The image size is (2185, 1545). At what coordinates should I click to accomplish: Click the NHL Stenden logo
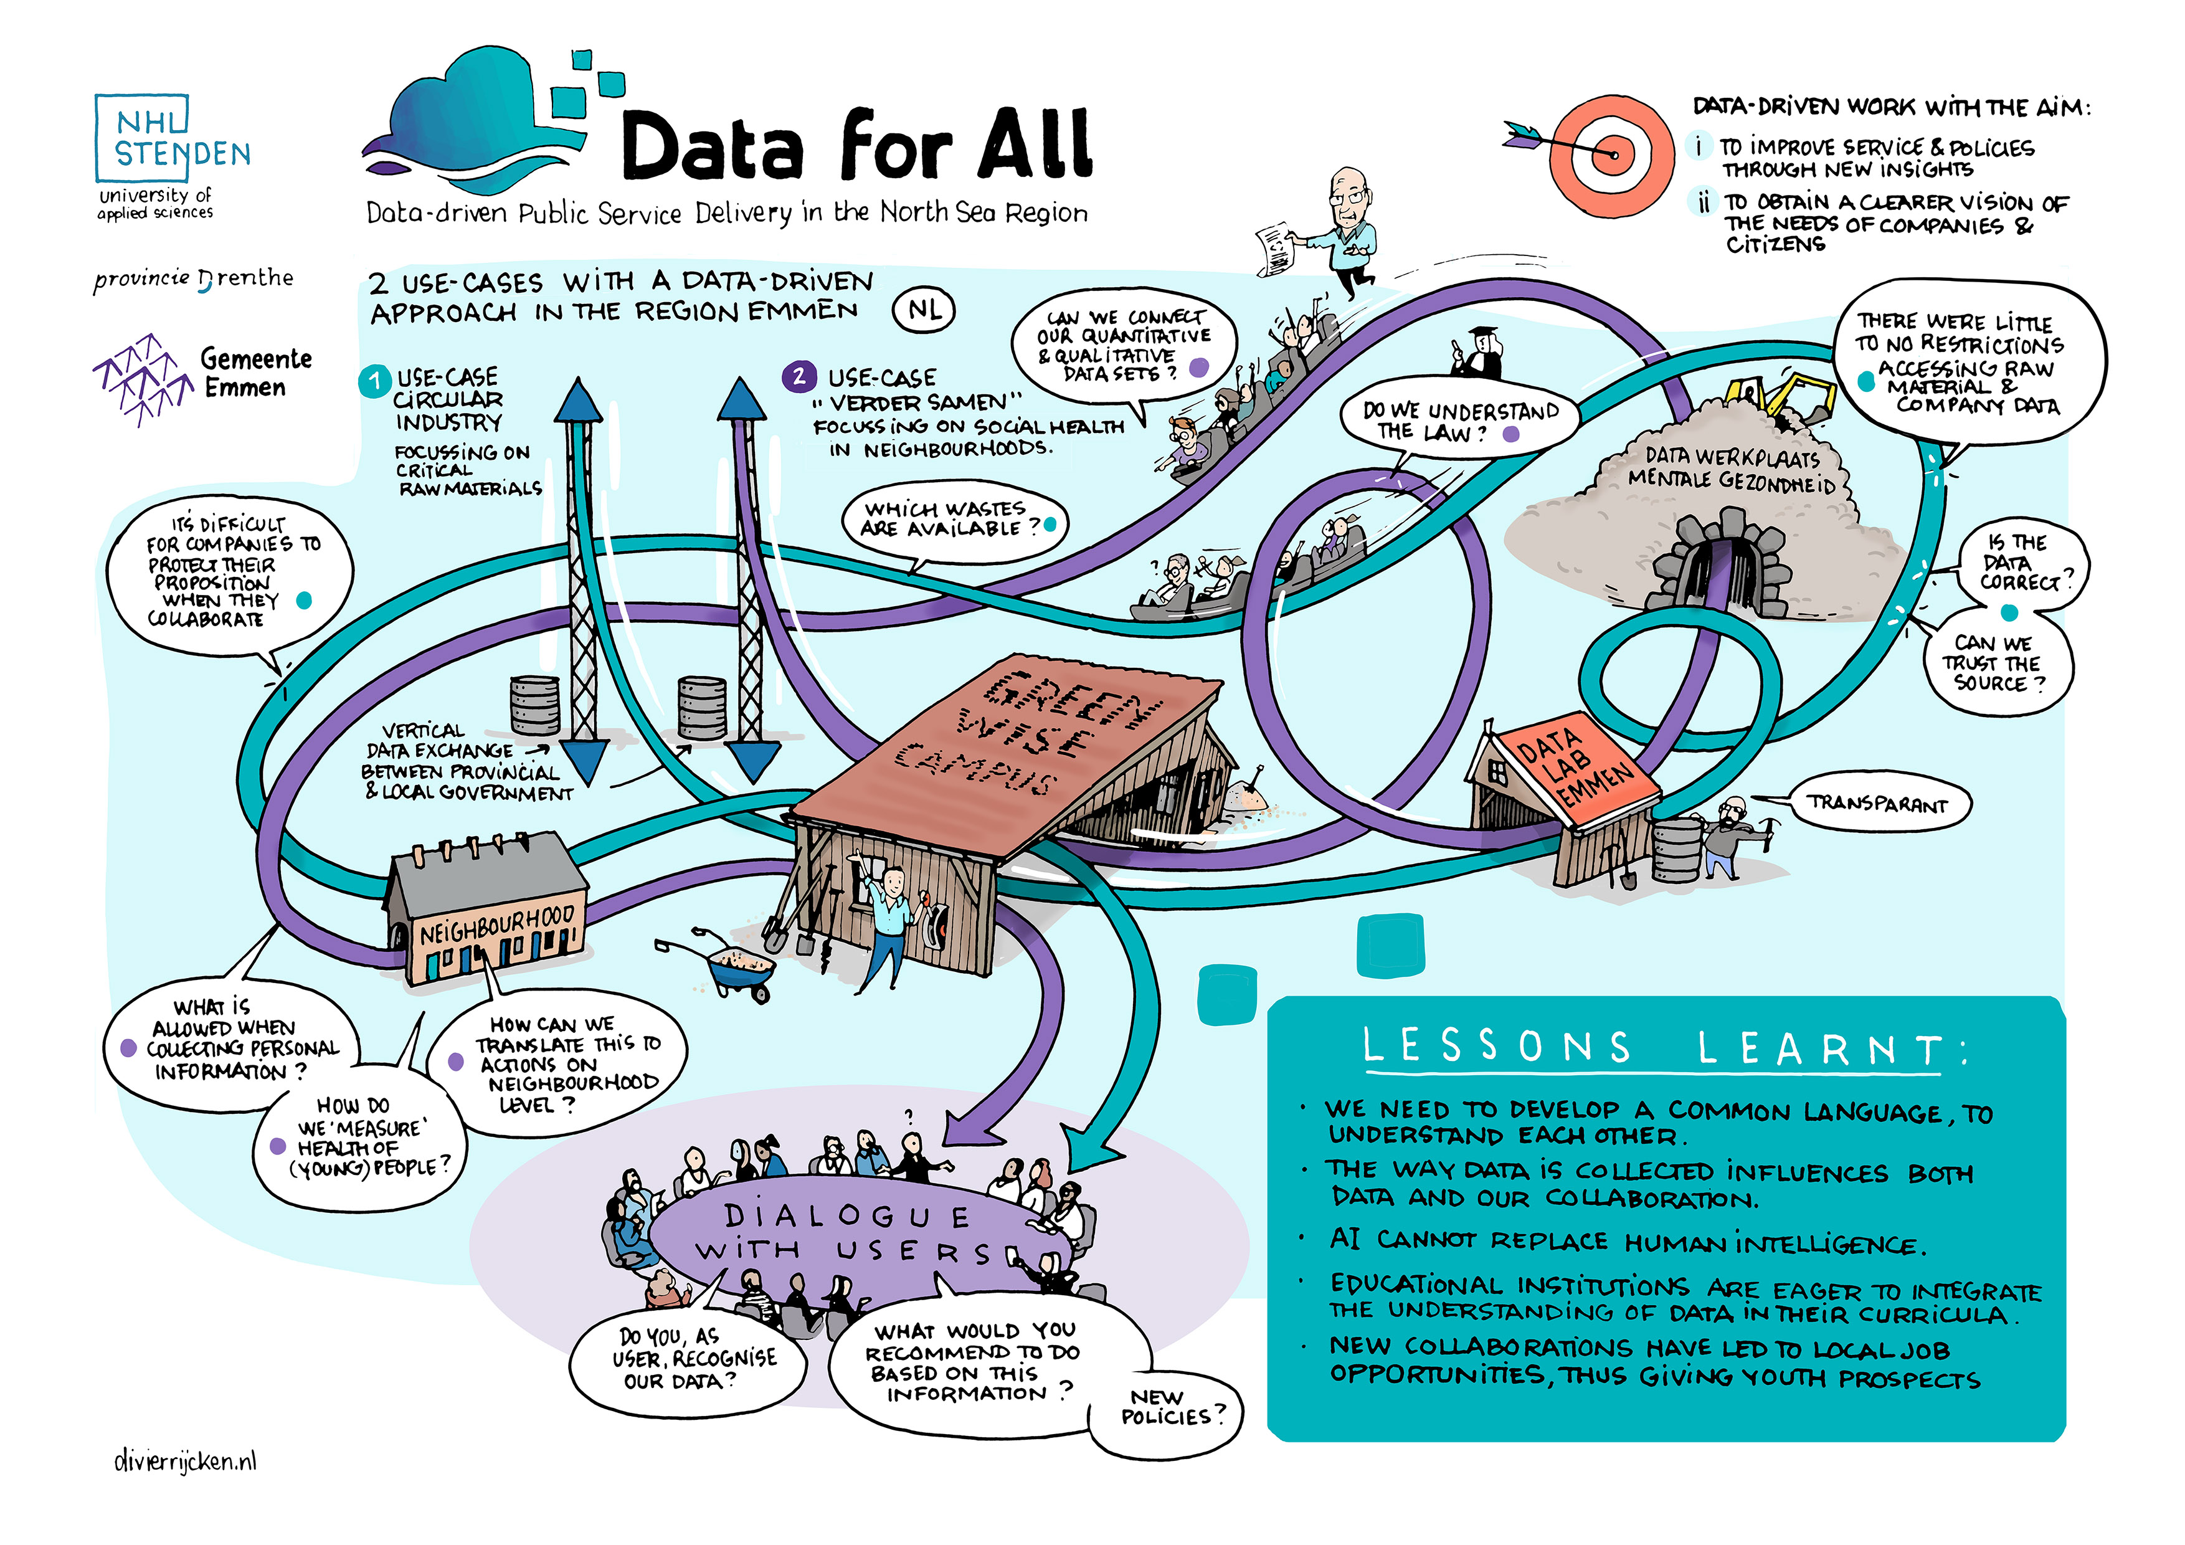pos(171,138)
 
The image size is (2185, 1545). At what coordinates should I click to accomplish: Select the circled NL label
pos(923,310)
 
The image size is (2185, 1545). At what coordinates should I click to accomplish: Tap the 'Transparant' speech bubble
pos(1877,804)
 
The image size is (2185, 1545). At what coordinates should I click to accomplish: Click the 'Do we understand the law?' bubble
pos(1458,421)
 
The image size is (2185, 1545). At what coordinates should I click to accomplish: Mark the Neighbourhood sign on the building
pos(497,923)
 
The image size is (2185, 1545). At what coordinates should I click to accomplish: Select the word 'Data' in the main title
pos(714,148)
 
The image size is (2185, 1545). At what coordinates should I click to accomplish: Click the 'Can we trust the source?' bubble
pos(1994,663)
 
